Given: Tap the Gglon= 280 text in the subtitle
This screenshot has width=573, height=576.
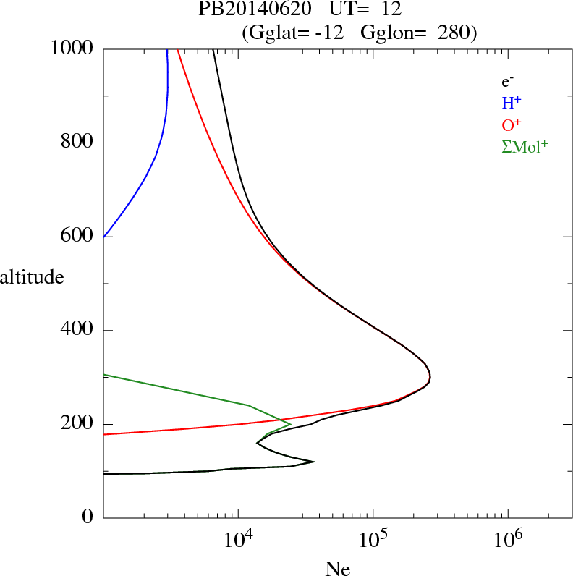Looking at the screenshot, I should (x=416, y=33).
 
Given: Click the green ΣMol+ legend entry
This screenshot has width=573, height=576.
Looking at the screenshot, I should (x=525, y=146).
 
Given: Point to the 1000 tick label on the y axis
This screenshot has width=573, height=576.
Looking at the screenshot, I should (x=72, y=48).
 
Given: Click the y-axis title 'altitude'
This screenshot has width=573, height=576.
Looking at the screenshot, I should (x=32, y=276).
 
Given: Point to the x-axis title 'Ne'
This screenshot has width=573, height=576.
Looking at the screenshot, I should (x=337, y=569).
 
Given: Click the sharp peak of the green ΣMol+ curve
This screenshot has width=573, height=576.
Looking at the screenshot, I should (x=290, y=423).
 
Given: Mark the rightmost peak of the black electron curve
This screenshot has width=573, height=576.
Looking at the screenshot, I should (x=430, y=377).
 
